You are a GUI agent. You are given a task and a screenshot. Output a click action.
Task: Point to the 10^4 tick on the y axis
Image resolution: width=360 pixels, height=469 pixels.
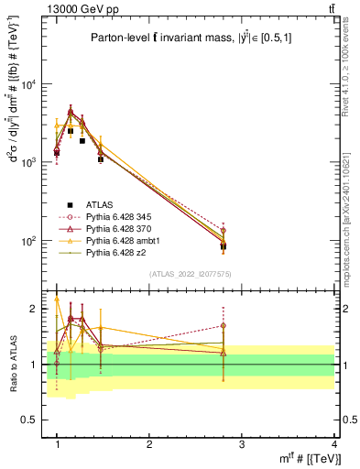click(x=27, y=84)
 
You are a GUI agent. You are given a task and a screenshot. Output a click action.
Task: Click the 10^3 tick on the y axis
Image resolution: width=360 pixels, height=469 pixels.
click(x=27, y=162)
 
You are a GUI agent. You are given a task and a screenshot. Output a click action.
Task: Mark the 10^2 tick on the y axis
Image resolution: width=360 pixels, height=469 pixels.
click(x=27, y=241)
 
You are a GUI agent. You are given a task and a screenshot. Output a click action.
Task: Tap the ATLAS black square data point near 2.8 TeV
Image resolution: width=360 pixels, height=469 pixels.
click(x=223, y=246)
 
